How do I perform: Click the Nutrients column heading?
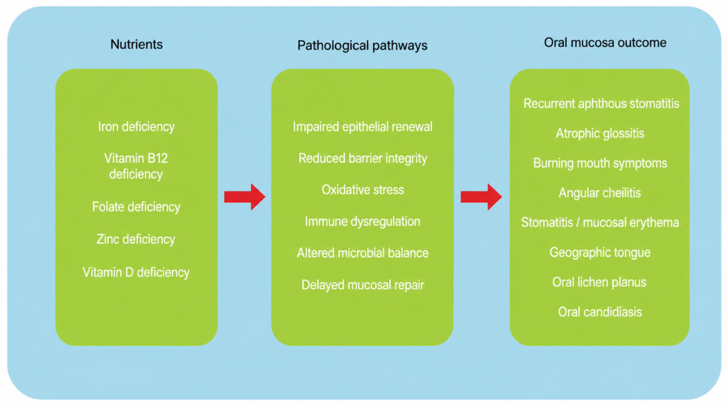click(x=136, y=44)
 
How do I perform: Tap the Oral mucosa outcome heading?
click(x=605, y=43)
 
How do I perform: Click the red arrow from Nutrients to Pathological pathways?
click(x=245, y=197)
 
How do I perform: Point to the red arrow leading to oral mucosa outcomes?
click(x=481, y=197)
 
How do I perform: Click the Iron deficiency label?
click(x=136, y=127)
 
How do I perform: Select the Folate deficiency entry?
click(x=136, y=207)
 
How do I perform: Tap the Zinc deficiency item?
click(x=136, y=239)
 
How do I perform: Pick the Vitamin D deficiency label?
click(x=136, y=272)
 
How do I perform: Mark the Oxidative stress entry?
click(x=363, y=190)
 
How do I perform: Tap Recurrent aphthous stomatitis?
click(x=601, y=104)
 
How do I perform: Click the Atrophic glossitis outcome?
click(x=600, y=133)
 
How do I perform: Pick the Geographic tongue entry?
click(x=600, y=252)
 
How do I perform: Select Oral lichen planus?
click(x=599, y=282)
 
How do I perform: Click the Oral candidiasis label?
click(x=600, y=312)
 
